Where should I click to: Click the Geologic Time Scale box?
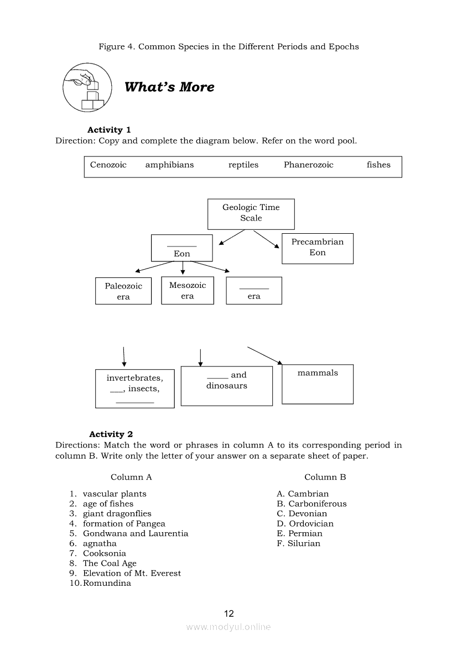coord(251,213)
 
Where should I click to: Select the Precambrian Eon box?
coord(317,248)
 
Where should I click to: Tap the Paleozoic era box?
coord(123,291)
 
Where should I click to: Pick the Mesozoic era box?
coord(187,291)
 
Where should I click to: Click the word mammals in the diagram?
coord(318,373)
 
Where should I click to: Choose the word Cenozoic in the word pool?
coord(108,165)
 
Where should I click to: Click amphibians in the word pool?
coord(169,165)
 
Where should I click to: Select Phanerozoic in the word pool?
coord(308,165)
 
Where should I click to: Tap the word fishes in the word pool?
coord(378,165)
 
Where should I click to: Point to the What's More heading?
coord(169,87)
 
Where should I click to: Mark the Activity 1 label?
coord(109,130)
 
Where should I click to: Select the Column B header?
coord(325,477)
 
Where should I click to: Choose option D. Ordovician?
coord(305,523)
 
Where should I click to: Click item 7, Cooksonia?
coord(104,553)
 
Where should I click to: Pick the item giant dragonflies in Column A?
coord(117,513)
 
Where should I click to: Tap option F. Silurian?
coord(299,543)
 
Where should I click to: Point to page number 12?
coord(229,613)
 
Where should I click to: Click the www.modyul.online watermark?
coord(228,627)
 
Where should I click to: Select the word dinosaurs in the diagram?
coord(227,386)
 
